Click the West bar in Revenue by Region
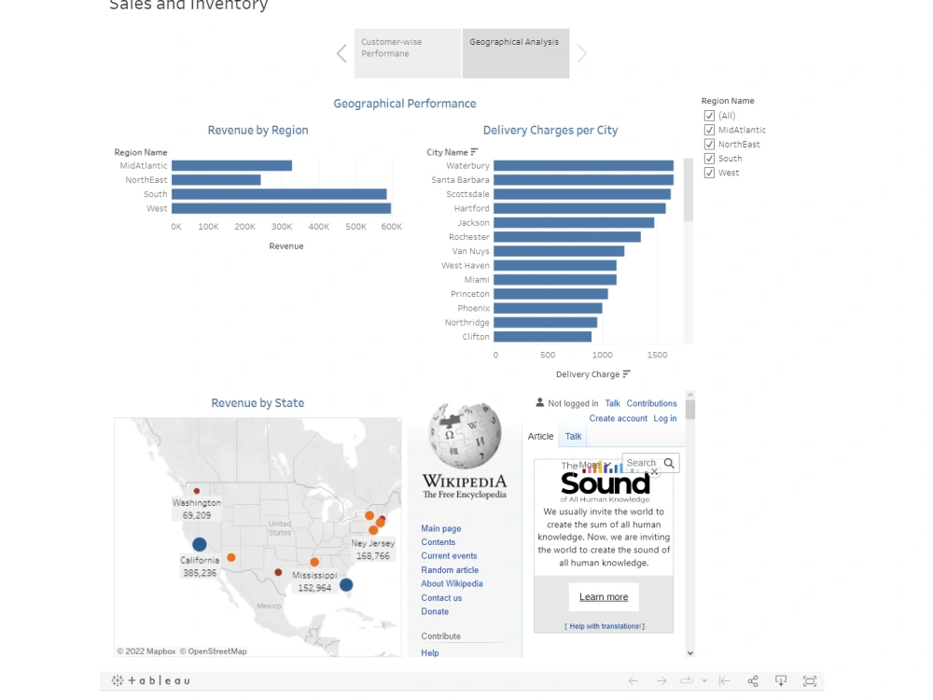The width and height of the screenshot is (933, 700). click(x=280, y=208)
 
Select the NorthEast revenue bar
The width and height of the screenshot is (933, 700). click(x=216, y=180)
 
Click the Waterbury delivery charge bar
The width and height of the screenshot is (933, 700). click(x=583, y=166)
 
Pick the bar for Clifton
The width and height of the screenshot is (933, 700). click(x=542, y=337)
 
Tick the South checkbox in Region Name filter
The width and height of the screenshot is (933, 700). click(x=709, y=159)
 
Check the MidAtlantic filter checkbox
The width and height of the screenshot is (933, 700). click(x=709, y=130)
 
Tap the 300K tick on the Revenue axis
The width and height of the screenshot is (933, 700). click(x=281, y=227)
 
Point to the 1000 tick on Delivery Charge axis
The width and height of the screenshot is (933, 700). click(x=602, y=355)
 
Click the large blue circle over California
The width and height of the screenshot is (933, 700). click(x=199, y=544)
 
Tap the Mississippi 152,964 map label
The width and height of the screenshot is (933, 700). click(x=314, y=581)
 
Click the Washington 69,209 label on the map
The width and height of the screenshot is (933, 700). click(x=196, y=509)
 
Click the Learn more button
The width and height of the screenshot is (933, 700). click(x=603, y=597)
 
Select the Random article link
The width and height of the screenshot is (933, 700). click(x=449, y=570)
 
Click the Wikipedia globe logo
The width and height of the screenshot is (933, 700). click(x=464, y=436)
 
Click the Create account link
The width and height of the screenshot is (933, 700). click(x=618, y=419)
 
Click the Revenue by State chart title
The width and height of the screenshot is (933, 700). click(x=258, y=403)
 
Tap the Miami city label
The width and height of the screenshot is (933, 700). click(x=477, y=280)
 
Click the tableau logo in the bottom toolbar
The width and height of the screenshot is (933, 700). click(x=151, y=681)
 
